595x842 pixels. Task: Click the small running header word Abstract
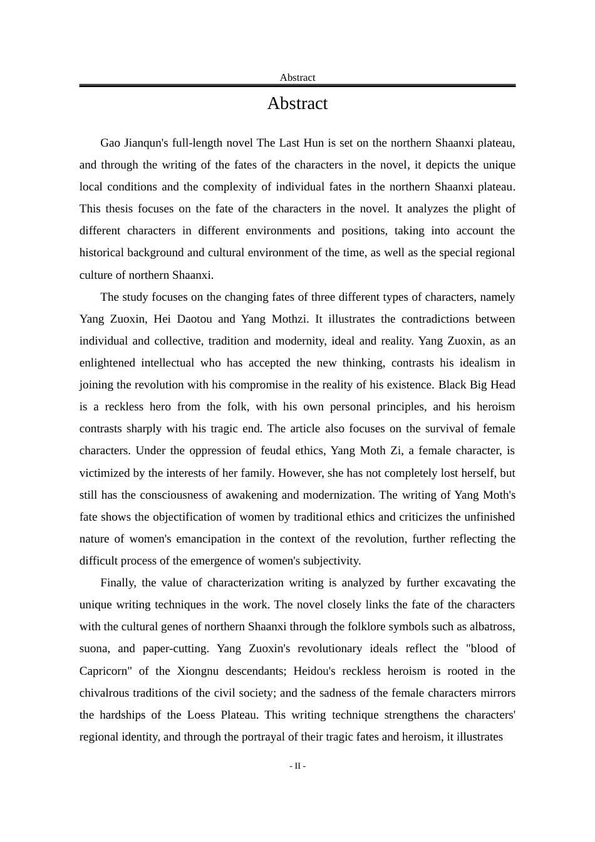tap(297, 78)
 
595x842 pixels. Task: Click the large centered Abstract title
tap(297, 103)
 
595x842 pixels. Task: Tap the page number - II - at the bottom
tap(297, 766)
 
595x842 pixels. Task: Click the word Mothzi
tap(290, 319)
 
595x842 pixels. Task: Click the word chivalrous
tap(110, 693)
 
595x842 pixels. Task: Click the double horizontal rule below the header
tap(297, 86)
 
